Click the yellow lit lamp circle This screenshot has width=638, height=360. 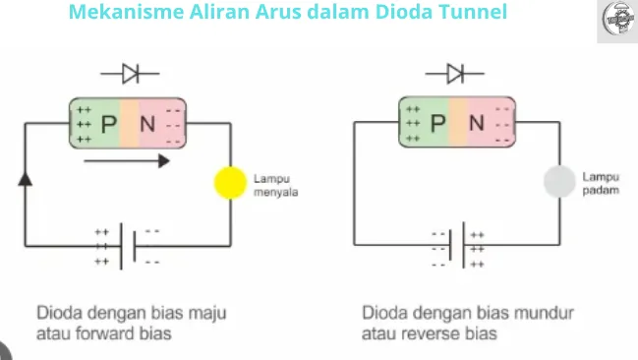click(x=229, y=184)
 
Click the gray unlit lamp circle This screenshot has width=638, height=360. click(x=558, y=181)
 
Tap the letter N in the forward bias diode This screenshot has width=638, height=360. click(x=149, y=123)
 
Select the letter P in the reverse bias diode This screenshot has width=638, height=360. click(x=438, y=123)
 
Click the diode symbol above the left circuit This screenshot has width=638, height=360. click(x=129, y=73)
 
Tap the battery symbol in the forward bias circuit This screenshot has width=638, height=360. click(x=127, y=246)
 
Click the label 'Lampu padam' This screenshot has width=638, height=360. click(x=600, y=184)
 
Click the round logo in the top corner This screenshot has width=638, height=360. click(x=616, y=21)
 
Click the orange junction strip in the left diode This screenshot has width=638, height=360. click(x=130, y=123)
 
